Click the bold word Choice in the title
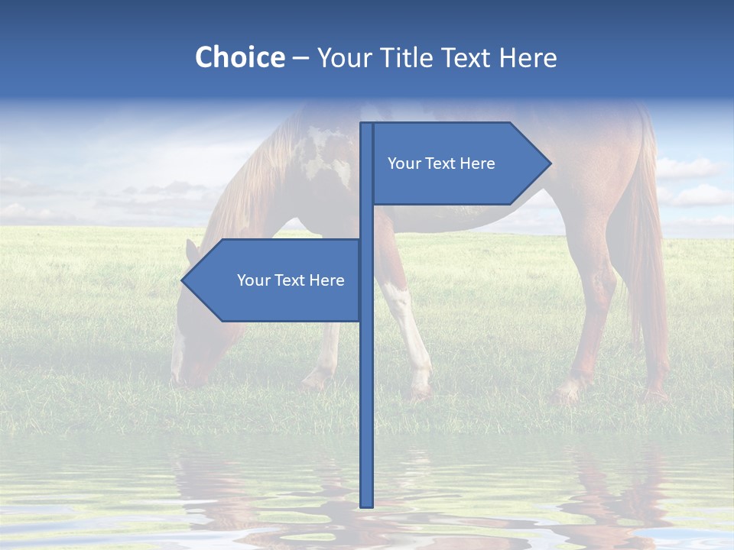coord(239,57)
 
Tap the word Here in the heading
coord(528,57)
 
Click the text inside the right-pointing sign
coord(441,163)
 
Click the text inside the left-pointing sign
coord(291,280)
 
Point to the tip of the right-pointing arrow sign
coord(550,163)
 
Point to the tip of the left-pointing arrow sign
coord(183,280)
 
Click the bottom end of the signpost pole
coord(366,505)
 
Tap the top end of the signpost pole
coord(366,125)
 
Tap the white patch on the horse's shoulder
coord(321,153)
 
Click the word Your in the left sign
coord(252,280)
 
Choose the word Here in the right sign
coord(477,163)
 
